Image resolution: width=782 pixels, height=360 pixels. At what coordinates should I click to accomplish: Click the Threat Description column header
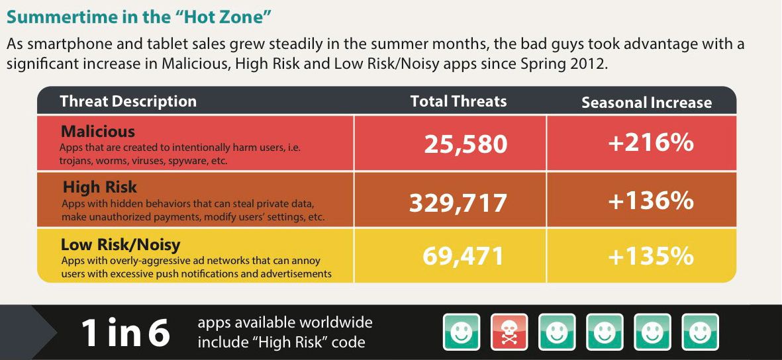[128, 101]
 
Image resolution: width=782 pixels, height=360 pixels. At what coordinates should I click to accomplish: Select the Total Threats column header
[458, 101]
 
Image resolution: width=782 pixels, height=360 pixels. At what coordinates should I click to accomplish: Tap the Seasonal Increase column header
[646, 103]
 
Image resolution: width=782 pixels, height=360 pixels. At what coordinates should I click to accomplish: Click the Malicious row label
[98, 132]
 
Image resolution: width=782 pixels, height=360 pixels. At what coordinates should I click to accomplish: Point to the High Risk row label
[100, 187]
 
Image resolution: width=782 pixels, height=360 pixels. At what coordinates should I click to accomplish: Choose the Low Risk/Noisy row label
[121, 245]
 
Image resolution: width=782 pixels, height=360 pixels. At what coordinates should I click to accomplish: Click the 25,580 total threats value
[465, 145]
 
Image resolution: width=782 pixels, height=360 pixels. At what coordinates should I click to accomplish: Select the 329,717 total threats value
[458, 203]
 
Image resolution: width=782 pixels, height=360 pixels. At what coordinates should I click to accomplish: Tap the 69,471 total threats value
[464, 256]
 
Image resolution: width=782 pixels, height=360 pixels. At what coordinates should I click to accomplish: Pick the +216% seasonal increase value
[651, 143]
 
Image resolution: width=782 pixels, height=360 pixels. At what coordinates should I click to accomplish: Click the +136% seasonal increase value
[651, 201]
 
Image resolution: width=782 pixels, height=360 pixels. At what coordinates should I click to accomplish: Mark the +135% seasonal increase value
[651, 256]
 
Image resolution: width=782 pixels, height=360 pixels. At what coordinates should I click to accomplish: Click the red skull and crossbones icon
[509, 332]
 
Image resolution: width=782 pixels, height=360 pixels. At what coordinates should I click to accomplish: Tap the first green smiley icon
[462, 332]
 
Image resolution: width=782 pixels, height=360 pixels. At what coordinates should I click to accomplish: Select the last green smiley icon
[700, 332]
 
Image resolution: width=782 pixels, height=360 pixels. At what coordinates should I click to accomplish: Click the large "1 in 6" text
[125, 333]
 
